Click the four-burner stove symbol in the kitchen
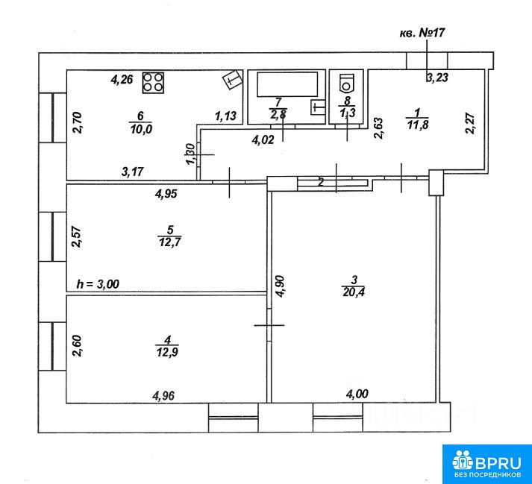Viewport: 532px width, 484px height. point(153,83)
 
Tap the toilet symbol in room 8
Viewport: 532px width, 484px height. point(346,83)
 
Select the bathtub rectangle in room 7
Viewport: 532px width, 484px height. point(287,84)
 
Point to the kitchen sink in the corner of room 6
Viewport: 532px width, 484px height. point(232,81)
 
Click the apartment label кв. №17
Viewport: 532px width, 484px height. point(422,33)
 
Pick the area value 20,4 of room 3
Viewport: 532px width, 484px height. point(354,292)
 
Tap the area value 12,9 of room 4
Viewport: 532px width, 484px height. point(167,352)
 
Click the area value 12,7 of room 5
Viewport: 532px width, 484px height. point(169,243)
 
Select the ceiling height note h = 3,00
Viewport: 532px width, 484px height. point(98,283)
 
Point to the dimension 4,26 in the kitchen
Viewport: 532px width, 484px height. point(122,80)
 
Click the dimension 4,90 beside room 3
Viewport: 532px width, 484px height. point(281,286)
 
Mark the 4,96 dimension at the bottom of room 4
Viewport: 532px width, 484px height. point(164,395)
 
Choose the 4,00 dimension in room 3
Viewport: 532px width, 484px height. point(357,394)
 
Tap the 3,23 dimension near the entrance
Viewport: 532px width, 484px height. point(437,78)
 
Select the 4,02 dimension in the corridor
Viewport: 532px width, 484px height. point(263,139)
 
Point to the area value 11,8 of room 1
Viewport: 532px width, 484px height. point(417,125)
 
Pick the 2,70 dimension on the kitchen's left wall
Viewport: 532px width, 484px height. point(78,123)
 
